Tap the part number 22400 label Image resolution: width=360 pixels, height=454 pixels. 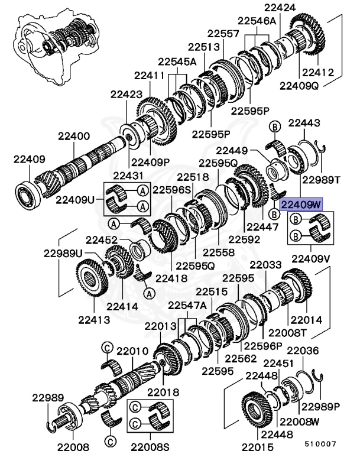[74, 136]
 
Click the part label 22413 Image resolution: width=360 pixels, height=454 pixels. [95, 320]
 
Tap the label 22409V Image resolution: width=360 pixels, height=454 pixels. [311, 258]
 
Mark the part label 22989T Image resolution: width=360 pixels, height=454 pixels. [322, 179]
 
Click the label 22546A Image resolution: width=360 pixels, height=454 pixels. [260, 21]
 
